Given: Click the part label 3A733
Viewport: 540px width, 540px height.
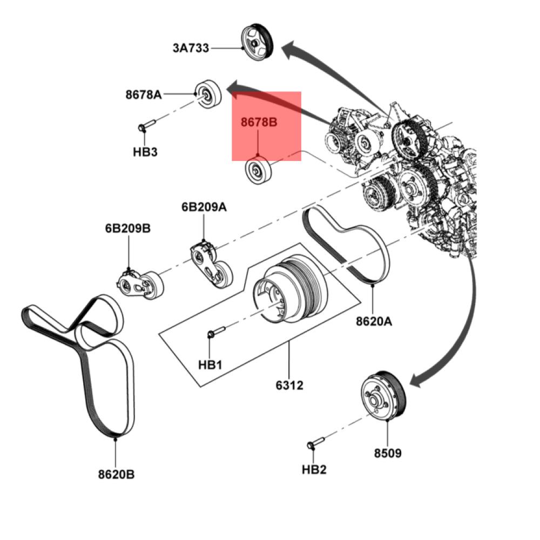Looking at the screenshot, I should click(x=191, y=48).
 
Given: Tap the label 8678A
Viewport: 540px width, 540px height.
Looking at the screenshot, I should click(x=144, y=94).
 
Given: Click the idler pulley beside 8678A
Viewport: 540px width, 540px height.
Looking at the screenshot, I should click(x=208, y=95).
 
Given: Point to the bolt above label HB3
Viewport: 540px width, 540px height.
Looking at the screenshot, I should click(x=146, y=126).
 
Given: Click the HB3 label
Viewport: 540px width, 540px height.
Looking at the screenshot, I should click(x=145, y=152).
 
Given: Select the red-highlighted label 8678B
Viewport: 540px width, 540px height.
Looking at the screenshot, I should click(x=259, y=123).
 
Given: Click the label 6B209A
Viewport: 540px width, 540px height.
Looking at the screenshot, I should click(x=203, y=207).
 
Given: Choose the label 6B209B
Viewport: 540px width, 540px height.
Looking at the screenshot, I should click(x=128, y=229).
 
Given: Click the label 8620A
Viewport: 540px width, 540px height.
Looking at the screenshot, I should click(x=374, y=321).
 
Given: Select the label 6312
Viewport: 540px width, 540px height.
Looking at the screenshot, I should click(x=289, y=385).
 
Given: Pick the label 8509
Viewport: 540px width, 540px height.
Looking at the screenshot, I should click(x=388, y=453).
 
